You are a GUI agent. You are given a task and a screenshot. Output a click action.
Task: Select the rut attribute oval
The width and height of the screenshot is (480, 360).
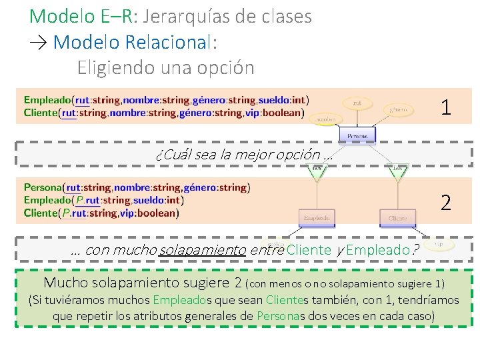pyautogui.click(x=357, y=103)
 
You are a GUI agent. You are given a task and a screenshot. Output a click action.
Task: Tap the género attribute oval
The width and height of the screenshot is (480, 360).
pyautogui.click(x=399, y=109)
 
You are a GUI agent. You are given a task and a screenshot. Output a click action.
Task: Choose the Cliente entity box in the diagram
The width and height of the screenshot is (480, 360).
pyautogui.click(x=397, y=218)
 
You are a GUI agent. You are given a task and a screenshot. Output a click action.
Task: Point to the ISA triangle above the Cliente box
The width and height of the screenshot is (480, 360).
pyautogui.click(x=399, y=171)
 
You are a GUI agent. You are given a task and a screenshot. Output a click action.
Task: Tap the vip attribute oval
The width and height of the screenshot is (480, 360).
pyautogui.click(x=438, y=245)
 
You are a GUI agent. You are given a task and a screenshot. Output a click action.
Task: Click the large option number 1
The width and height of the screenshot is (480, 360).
pyautogui.click(x=445, y=106)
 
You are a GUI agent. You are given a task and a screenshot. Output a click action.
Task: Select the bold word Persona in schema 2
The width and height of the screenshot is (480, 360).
pyautogui.click(x=43, y=188)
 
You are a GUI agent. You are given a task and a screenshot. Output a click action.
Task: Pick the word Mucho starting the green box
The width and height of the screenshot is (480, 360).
pyautogui.click(x=65, y=282)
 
